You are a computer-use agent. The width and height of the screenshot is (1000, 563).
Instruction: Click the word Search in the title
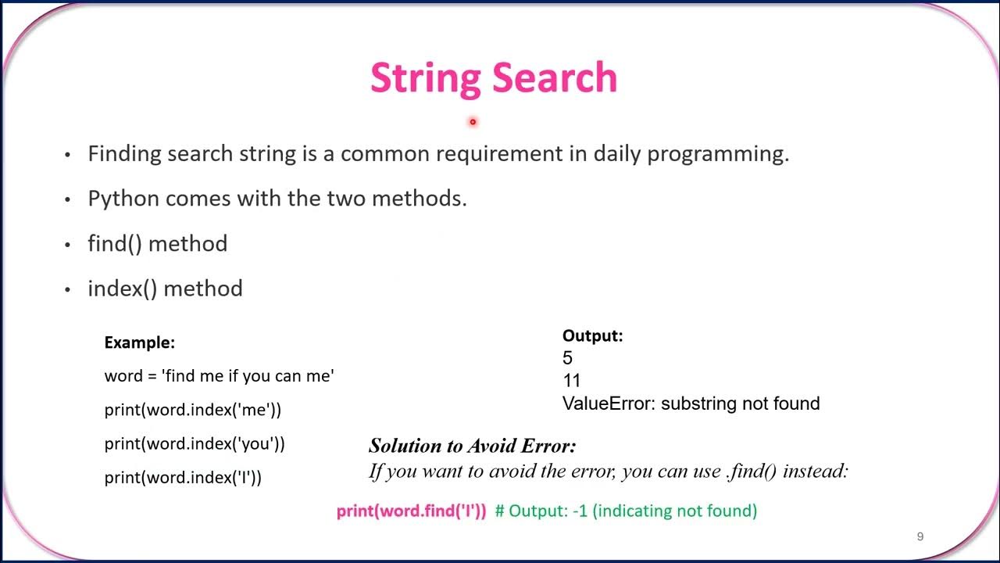(x=555, y=78)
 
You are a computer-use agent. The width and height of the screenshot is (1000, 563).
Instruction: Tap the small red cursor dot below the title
(x=473, y=122)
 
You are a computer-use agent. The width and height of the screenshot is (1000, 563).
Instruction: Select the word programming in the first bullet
(x=718, y=154)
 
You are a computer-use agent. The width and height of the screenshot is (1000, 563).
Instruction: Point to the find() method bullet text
(x=157, y=244)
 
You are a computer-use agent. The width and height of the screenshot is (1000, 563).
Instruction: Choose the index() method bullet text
(x=165, y=289)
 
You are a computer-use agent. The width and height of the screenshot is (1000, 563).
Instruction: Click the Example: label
(x=139, y=342)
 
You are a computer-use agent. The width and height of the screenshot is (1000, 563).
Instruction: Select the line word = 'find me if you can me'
(x=219, y=376)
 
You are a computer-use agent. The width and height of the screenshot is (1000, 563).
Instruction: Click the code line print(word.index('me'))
(x=192, y=410)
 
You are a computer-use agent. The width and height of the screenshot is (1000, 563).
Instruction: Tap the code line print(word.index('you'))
(x=195, y=443)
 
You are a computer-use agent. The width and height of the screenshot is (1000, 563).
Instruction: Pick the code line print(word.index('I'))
(x=183, y=477)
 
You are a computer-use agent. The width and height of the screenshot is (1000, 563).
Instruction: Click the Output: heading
(x=592, y=336)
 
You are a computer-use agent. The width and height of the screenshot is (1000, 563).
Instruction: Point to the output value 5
(x=567, y=358)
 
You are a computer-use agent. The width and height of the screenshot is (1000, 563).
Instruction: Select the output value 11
(x=571, y=381)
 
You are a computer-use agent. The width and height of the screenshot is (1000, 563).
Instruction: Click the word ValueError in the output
(x=605, y=403)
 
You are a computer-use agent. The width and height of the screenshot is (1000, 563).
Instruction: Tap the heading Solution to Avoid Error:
(x=472, y=446)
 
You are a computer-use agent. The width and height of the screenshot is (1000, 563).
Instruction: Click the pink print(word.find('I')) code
(x=411, y=511)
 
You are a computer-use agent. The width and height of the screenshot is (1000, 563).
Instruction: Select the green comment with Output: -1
(x=626, y=511)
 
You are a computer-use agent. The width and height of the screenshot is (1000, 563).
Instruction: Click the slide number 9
(x=920, y=536)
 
